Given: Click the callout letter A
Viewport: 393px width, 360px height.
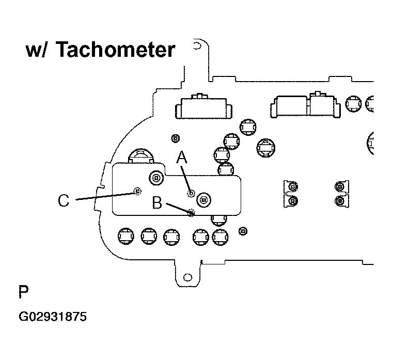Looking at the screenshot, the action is [x=182, y=157].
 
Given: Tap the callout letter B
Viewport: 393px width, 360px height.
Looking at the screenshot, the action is [x=157, y=202].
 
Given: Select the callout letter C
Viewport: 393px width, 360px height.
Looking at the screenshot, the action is [x=64, y=200].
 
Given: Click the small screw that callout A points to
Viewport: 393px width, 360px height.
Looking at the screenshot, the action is [x=191, y=193].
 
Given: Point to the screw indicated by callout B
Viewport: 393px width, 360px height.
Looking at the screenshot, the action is [x=191, y=213].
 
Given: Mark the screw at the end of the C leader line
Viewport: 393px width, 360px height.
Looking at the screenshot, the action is [x=137, y=191].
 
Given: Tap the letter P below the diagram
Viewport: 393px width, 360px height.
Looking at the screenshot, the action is [x=24, y=291].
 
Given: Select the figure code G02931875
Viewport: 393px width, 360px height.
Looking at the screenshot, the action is [x=53, y=317].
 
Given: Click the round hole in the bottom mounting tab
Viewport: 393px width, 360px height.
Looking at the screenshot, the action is [x=188, y=277].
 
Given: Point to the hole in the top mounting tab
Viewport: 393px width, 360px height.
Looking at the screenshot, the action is [x=197, y=46].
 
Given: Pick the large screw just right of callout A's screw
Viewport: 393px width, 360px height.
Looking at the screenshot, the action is [x=204, y=200].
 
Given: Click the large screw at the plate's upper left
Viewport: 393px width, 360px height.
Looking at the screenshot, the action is [x=156, y=179].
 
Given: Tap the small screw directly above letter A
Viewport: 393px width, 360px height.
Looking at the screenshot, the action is [x=176, y=138].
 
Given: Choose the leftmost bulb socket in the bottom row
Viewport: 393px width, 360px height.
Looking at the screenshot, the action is [x=126, y=236].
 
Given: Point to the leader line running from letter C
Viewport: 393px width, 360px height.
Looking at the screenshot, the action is [x=105, y=196].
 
